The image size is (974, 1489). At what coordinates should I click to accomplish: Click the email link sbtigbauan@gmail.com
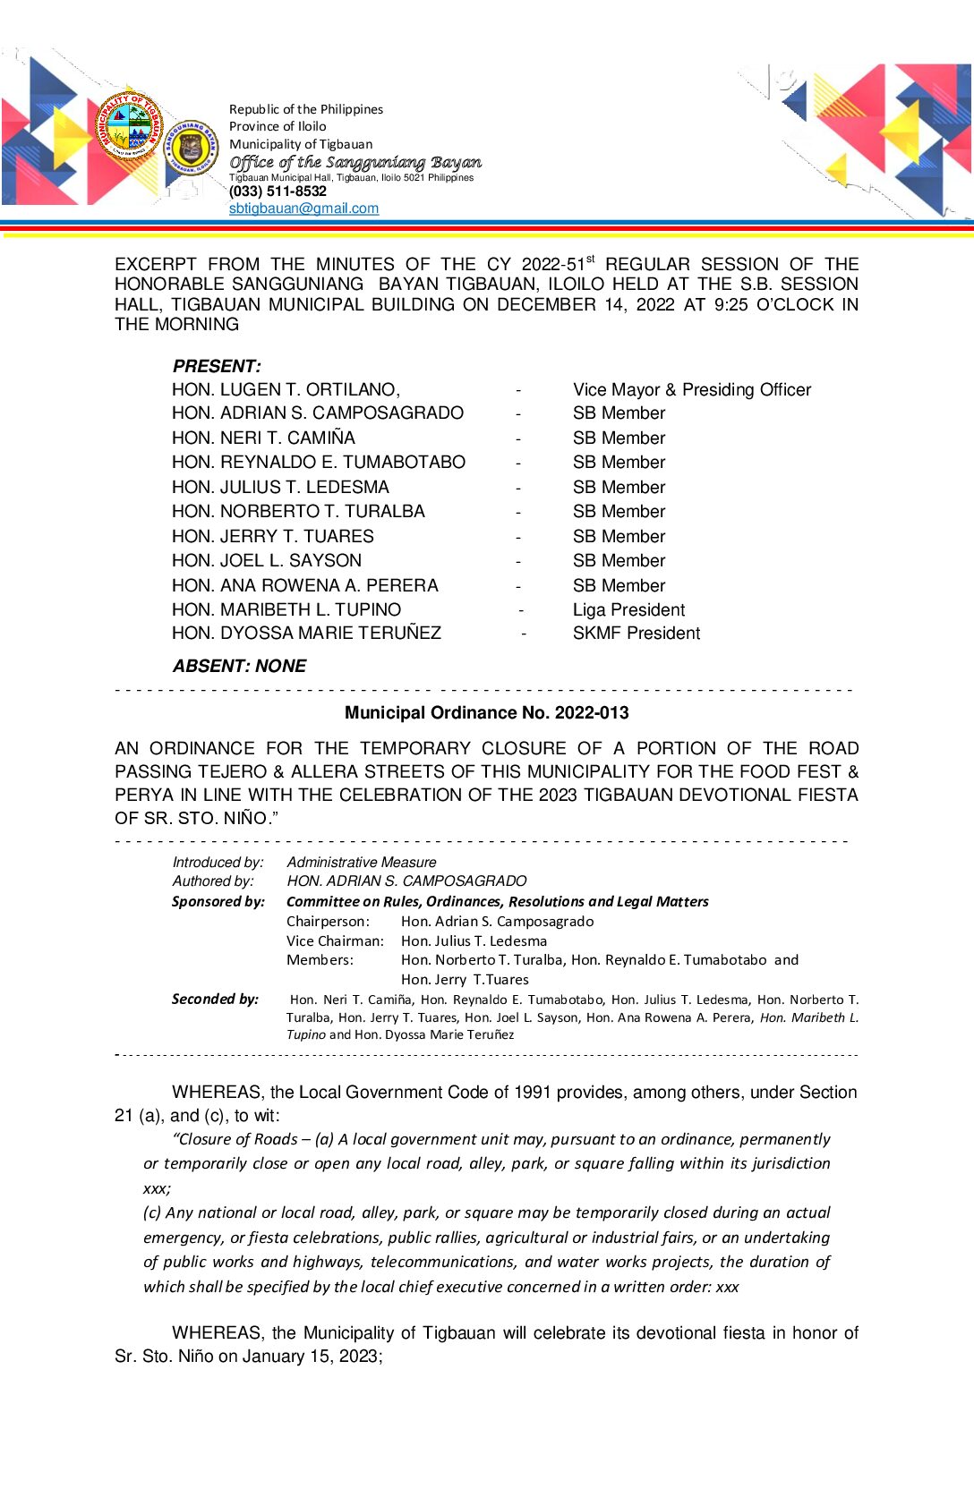point(303,208)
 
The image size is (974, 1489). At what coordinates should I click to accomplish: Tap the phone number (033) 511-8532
point(278,191)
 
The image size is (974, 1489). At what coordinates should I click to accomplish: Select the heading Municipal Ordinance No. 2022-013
point(486,713)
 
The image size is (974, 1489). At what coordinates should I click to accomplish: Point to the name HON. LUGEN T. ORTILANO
point(286,390)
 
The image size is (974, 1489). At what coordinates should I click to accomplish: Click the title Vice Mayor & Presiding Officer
point(691,390)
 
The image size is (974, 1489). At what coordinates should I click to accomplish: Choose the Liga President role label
point(628,610)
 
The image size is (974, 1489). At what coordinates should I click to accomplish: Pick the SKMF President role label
point(636,634)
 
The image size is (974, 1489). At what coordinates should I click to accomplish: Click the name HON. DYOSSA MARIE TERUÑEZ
point(306,634)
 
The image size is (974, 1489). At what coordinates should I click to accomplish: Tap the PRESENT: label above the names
point(217,366)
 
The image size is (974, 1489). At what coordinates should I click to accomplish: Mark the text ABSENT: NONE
point(239,667)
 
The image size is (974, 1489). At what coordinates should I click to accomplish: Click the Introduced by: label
point(218,863)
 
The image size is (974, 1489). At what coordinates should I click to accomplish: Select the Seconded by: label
point(215,1000)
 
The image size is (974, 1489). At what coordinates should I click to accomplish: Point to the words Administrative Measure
point(362,863)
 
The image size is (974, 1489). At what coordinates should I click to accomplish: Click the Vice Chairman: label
point(335,941)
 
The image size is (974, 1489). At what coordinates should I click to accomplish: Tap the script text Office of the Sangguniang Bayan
point(355,162)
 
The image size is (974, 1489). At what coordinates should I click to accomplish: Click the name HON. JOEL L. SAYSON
point(267,561)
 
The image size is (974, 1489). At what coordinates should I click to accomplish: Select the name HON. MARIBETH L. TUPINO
point(286,610)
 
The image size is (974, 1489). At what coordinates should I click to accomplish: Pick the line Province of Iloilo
point(278,127)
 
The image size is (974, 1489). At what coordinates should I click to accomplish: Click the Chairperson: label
point(328,922)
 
